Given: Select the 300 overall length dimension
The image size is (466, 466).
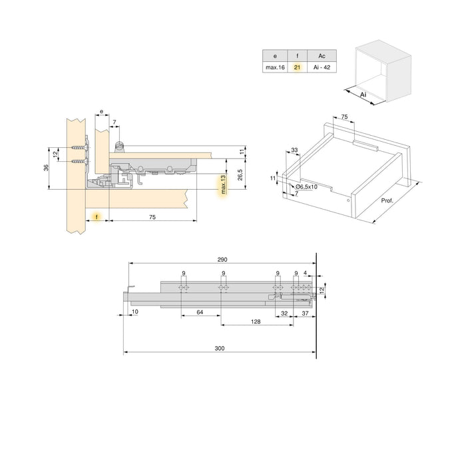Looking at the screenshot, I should pos(220,348).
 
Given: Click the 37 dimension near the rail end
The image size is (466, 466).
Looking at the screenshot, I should pos(306,312).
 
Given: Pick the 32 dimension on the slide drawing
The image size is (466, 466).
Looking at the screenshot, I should pos(284,312).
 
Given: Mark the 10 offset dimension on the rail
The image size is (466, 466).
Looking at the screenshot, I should pos(134,312).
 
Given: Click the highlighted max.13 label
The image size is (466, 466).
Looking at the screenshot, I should pos(224,186).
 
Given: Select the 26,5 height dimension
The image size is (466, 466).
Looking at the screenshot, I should pos(239,174).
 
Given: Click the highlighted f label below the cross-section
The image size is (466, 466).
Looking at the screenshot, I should pos(97,217).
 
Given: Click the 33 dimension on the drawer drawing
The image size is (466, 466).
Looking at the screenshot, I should pos(294,151).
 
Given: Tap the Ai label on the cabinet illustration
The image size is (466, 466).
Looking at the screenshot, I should pos(363,95).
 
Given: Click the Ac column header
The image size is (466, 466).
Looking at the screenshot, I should pos(322,56).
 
